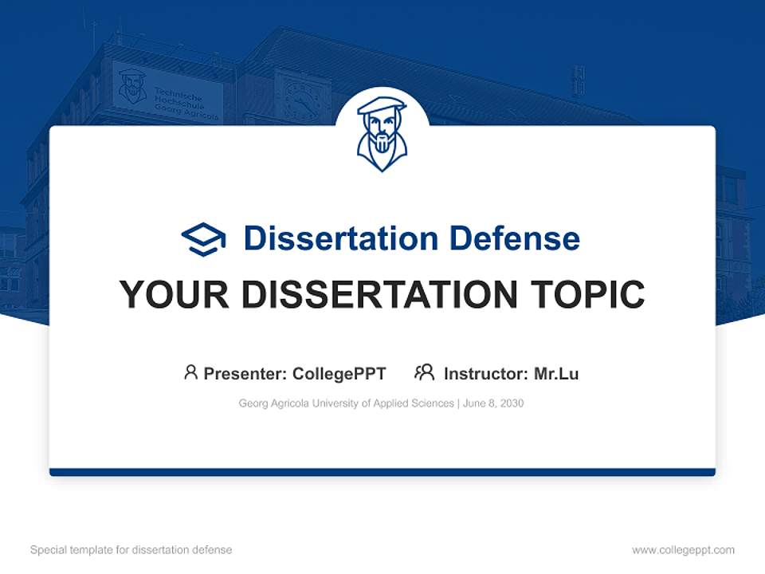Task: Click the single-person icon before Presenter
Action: coord(190,372)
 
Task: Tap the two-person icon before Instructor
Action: coord(424,372)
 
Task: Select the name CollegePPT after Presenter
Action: coord(339,374)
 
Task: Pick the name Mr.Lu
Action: coord(556,374)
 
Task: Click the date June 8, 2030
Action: coord(492,403)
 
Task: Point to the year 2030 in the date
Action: coord(512,403)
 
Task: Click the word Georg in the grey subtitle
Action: coord(253,403)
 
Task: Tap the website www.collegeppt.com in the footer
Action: coord(683,550)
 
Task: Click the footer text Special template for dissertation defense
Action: coord(131,550)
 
